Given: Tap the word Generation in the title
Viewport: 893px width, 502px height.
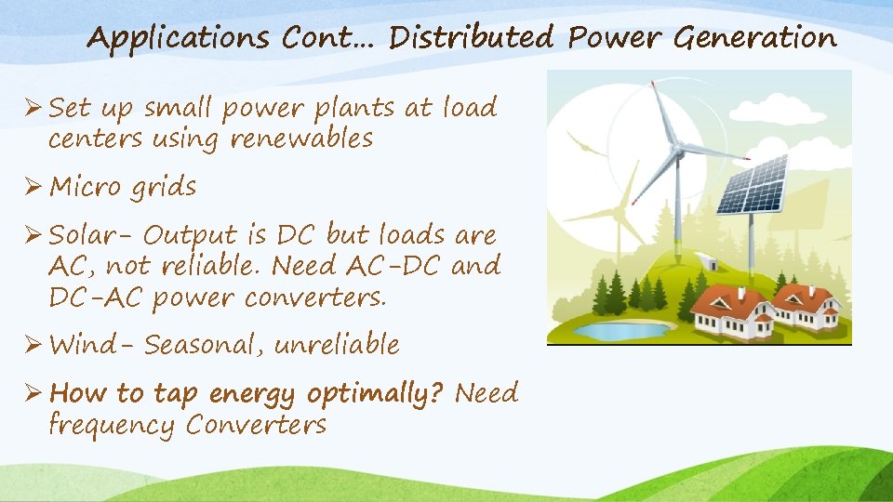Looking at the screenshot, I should click(x=754, y=38).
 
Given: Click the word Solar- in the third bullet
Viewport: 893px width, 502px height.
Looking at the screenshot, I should click(x=92, y=234).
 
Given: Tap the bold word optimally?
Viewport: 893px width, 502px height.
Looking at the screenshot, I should click(x=376, y=393).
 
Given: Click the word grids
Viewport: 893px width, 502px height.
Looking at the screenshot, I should click(x=163, y=188).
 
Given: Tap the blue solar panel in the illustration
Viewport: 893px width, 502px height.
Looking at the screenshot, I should click(x=753, y=191).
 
